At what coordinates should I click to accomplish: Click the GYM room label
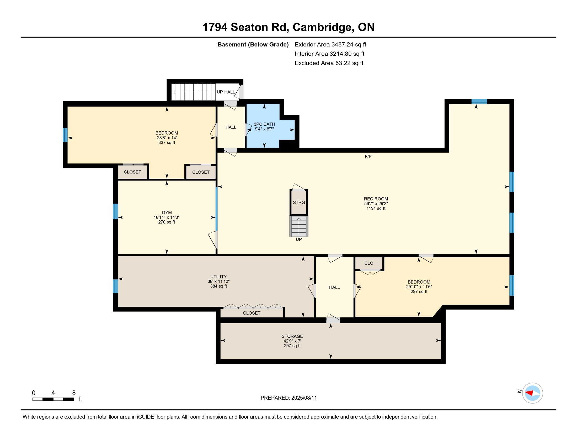coord(167,213)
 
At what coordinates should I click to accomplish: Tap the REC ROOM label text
coord(376,199)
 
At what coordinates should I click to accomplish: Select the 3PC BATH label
coord(264,124)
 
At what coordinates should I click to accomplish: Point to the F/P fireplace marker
coord(368,157)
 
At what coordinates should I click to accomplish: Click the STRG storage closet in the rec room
coord(299,202)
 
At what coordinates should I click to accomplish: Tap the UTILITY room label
coord(218,277)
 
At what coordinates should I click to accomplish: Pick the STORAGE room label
coord(292,336)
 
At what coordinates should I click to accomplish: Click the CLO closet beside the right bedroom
coord(368,263)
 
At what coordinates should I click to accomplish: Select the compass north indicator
coord(532,393)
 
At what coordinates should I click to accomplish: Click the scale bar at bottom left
coord(53,399)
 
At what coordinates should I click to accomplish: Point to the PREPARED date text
coord(288,398)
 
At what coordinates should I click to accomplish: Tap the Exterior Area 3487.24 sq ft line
coord(330,44)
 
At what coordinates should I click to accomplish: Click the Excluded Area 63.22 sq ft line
coord(329,63)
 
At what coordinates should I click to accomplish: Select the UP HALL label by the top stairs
coord(226,92)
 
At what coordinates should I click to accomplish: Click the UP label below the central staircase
coord(298,239)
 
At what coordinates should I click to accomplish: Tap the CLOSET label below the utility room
coord(252,313)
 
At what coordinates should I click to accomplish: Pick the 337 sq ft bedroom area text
coord(167,142)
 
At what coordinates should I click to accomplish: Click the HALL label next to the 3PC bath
coord(231,127)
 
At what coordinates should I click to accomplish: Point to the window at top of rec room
coord(479,101)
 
